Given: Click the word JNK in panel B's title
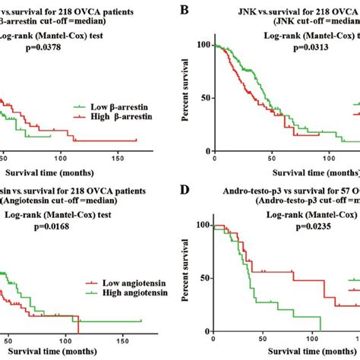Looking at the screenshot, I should [x=226, y=12].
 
